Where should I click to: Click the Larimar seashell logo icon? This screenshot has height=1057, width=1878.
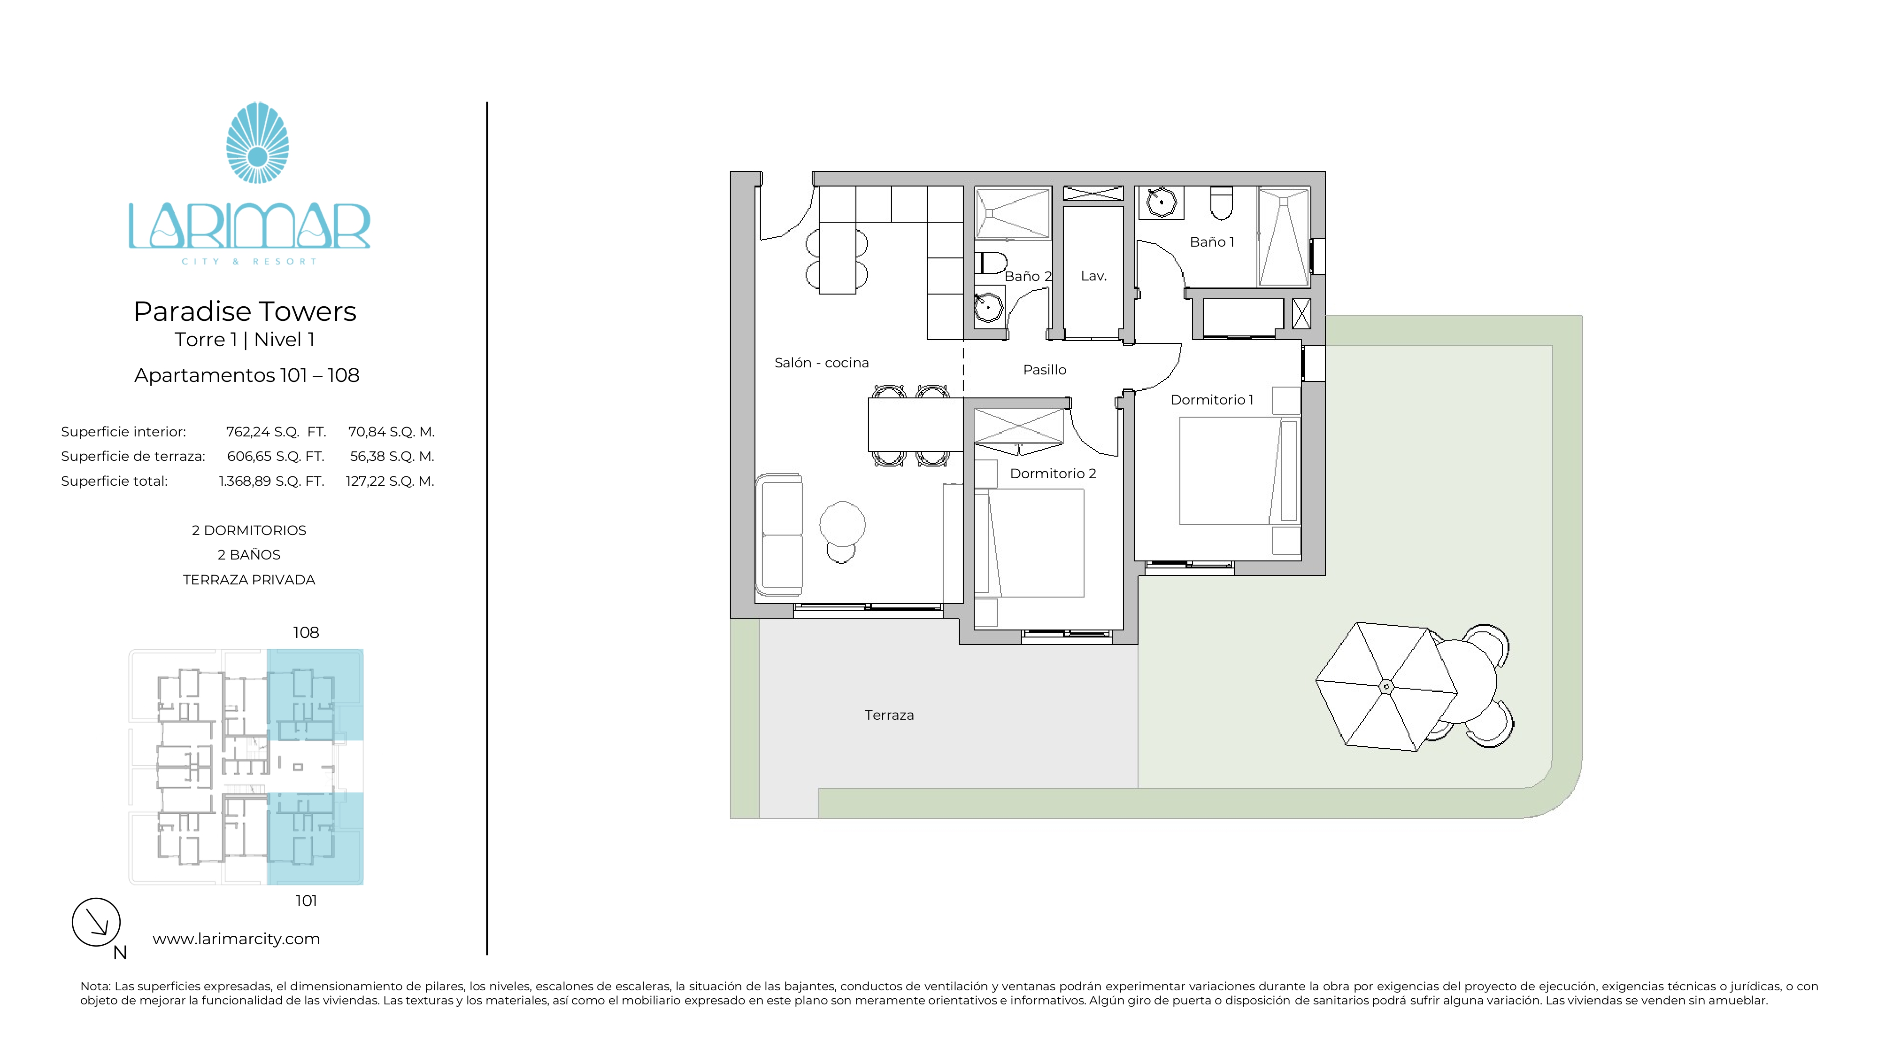click(257, 142)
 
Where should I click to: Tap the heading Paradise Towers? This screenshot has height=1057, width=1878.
click(245, 311)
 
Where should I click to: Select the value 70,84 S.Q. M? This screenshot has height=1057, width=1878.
click(391, 432)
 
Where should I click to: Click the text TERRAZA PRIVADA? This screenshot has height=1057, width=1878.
click(249, 580)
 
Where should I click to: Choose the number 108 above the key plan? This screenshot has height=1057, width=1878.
click(306, 632)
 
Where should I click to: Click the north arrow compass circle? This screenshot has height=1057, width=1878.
click(96, 922)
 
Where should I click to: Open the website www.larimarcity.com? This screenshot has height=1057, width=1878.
click(236, 939)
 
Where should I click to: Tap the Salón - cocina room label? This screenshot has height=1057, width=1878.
click(822, 363)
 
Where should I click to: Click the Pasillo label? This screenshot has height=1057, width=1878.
click(1045, 370)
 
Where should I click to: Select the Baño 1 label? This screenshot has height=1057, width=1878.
click(1212, 242)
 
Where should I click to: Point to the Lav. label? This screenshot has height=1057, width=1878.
click(1093, 276)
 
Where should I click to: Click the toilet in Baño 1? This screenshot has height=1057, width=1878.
click(1221, 203)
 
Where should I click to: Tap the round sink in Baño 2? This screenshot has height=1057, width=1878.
click(989, 307)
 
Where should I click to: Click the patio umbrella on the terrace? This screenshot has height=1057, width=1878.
click(1386, 686)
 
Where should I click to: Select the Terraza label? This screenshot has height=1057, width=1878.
click(889, 715)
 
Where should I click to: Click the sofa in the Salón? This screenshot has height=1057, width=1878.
click(779, 535)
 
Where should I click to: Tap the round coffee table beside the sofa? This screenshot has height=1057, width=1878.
click(842, 524)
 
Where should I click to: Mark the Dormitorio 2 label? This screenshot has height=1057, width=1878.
click(1053, 474)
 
